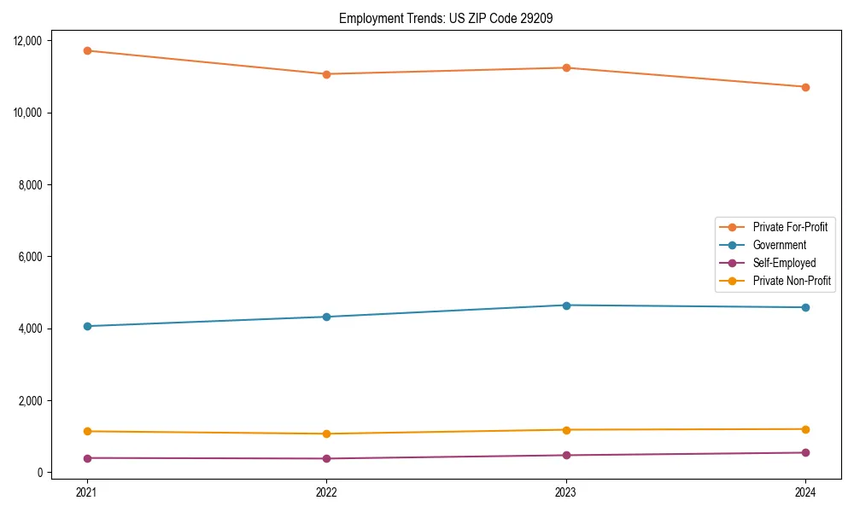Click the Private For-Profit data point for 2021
point(87,50)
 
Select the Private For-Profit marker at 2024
point(805,87)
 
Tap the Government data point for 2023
point(566,305)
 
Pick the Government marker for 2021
point(87,326)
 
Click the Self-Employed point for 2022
point(326,458)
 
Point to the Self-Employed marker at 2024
point(805,452)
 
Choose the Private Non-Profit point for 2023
point(566,429)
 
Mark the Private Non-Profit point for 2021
point(87,431)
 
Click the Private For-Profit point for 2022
point(326,74)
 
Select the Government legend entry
point(779,245)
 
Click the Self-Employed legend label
point(784,263)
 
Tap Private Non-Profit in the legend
point(792,281)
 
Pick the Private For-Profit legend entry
point(789,227)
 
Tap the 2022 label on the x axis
point(326,492)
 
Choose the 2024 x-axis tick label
point(805,492)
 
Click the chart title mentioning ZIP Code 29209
point(446,18)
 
